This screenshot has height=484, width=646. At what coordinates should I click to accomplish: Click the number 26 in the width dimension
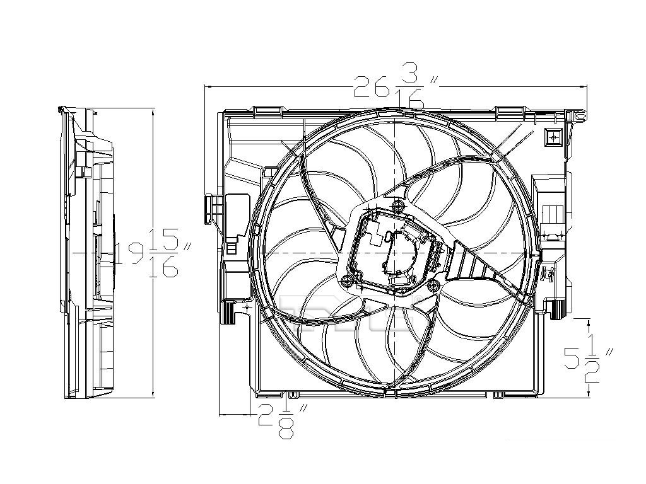tap(372, 86)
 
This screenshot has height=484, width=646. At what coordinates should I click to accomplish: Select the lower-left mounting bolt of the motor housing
tap(348, 281)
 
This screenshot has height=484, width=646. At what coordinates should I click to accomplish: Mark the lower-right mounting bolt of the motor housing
tap(433, 284)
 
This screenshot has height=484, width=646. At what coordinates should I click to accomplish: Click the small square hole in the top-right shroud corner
tap(553, 136)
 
